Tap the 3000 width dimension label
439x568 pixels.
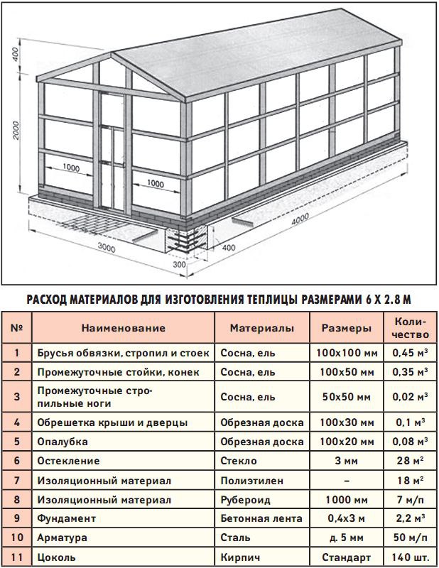pos(107,248)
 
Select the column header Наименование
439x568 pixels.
pos(122,329)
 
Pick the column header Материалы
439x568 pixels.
pos(261,329)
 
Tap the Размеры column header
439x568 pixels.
pos(347,329)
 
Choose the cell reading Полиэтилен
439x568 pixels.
pos(247,480)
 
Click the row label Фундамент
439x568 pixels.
pos(65,519)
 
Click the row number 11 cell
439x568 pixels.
pos(16,557)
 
